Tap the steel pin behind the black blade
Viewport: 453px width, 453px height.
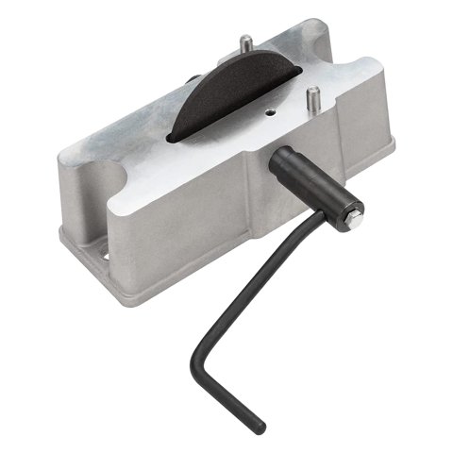[x=244, y=44]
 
